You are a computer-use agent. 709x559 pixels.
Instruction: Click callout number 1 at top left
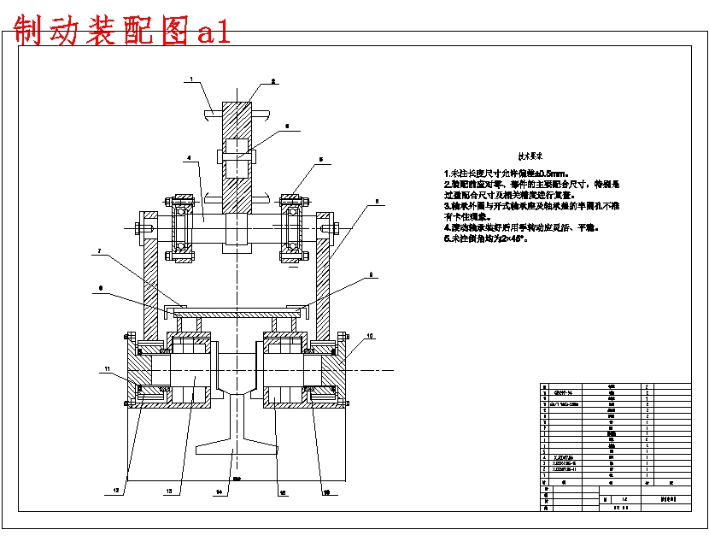(193, 79)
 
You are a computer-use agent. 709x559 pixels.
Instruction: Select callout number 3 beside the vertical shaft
(287, 126)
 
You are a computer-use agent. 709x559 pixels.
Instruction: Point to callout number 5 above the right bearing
(321, 159)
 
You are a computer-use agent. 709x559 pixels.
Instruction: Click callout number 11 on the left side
(108, 368)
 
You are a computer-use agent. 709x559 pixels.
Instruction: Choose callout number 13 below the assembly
(168, 491)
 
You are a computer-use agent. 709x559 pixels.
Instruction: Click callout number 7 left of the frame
(100, 251)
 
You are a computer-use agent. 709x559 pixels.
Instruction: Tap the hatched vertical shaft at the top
(237, 128)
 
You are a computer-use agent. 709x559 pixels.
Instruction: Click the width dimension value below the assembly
(237, 477)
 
